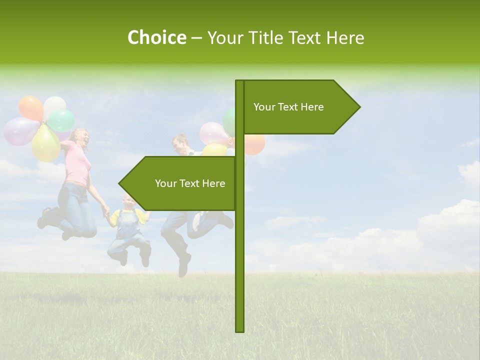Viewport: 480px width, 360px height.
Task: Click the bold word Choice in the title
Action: click(156, 37)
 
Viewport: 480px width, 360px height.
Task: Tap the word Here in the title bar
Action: click(345, 37)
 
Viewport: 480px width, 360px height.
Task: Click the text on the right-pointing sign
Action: click(288, 107)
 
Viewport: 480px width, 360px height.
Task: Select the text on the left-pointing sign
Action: click(190, 183)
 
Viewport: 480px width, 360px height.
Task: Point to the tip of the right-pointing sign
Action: click(359, 107)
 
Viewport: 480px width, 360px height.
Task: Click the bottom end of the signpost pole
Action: click(240, 330)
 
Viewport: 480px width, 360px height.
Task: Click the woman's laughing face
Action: click(81, 137)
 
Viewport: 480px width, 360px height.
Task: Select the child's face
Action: click(128, 202)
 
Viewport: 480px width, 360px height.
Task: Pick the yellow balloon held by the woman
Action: click(46, 144)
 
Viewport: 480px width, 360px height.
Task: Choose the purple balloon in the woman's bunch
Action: click(20, 131)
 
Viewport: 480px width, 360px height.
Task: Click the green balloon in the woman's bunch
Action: click(61, 120)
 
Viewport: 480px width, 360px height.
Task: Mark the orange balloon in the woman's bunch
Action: click(31, 107)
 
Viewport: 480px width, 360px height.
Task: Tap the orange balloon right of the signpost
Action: click(254, 144)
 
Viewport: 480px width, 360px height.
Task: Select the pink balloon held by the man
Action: click(214, 133)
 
